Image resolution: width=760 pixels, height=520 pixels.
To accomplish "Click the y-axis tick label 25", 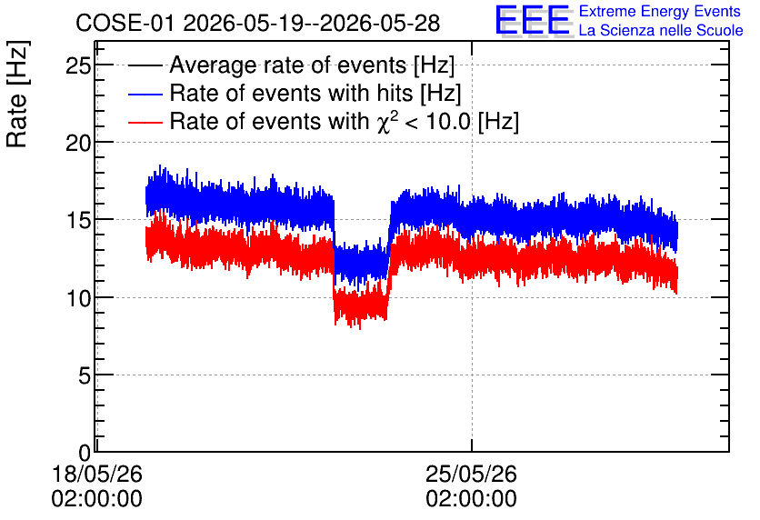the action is [78, 65].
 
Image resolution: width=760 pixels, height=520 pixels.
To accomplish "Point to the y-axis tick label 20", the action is [78, 143].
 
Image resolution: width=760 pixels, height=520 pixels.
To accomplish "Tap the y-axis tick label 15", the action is [78, 221].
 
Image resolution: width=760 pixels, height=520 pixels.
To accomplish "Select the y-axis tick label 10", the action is [78, 298].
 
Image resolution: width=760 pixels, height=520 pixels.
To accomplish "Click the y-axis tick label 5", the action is [85, 375].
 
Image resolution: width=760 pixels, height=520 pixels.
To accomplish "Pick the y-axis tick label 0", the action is [85, 453].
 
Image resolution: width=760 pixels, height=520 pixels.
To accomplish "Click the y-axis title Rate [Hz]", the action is [17, 94].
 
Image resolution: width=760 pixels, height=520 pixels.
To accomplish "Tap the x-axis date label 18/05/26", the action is [97, 474].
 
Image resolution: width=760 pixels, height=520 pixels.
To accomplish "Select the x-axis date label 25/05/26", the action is [471, 474].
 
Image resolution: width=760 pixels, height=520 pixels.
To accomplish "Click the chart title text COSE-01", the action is [125, 23].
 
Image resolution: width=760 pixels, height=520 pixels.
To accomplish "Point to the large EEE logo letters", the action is [533, 20].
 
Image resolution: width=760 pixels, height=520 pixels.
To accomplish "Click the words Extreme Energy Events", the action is [660, 11].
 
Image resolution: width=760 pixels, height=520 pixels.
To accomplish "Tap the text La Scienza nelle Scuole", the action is [661, 30].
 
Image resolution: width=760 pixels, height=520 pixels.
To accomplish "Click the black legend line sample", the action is [145, 65].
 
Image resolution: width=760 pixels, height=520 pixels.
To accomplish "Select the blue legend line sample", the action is [145, 94].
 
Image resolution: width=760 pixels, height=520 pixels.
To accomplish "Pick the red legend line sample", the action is [145, 122].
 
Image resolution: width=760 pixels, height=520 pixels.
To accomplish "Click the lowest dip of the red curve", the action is [360, 328].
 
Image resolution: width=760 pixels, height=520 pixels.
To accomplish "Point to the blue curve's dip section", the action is [362, 265].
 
